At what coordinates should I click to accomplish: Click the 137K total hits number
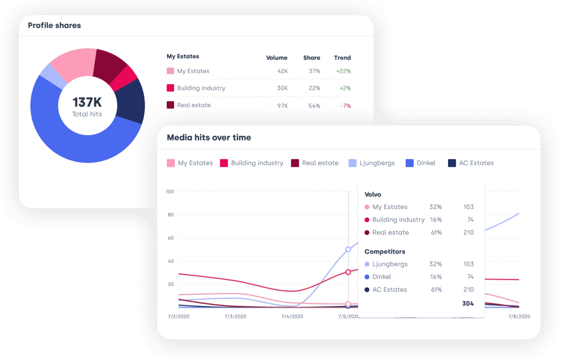(87, 102)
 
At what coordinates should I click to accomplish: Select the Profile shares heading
(54, 26)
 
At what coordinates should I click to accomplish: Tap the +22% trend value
(343, 71)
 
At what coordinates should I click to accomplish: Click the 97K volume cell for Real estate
(282, 106)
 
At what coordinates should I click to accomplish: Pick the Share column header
(311, 58)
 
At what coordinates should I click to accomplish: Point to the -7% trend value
(346, 106)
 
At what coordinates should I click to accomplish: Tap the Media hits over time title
(209, 137)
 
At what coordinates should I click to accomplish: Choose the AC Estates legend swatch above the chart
(452, 163)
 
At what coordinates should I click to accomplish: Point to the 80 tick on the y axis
(171, 215)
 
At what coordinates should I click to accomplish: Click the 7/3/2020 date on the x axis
(235, 316)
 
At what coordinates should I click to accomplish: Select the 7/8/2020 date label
(519, 316)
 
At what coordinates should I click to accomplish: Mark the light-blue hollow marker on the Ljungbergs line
(348, 249)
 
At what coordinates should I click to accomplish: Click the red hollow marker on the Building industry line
(348, 272)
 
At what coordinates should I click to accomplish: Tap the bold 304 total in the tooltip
(468, 304)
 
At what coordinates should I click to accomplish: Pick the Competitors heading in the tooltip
(385, 252)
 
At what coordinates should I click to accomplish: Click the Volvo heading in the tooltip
(373, 194)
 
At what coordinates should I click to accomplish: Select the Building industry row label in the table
(201, 88)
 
